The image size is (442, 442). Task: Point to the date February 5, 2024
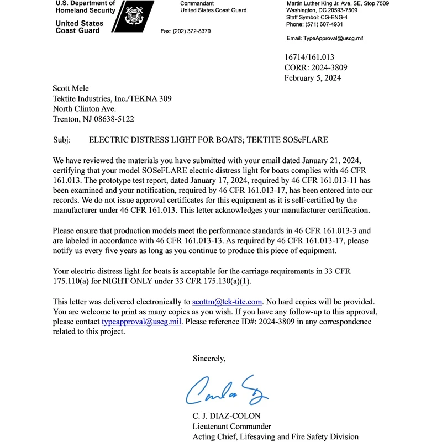(x=313, y=78)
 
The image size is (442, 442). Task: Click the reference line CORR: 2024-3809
(x=315, y=67)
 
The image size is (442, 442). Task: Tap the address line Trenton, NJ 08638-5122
(x=93, y=119)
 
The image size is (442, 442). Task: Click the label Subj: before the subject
(x=61, y=140)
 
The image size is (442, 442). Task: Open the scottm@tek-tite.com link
(x=227, y=302)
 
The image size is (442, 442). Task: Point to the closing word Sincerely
(x=209, y=359)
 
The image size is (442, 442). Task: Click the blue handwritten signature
(x=227, y=390)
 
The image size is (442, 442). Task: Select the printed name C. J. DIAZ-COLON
(x=234, y=415)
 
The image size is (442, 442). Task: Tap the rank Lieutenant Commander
(x=232, y=426)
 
